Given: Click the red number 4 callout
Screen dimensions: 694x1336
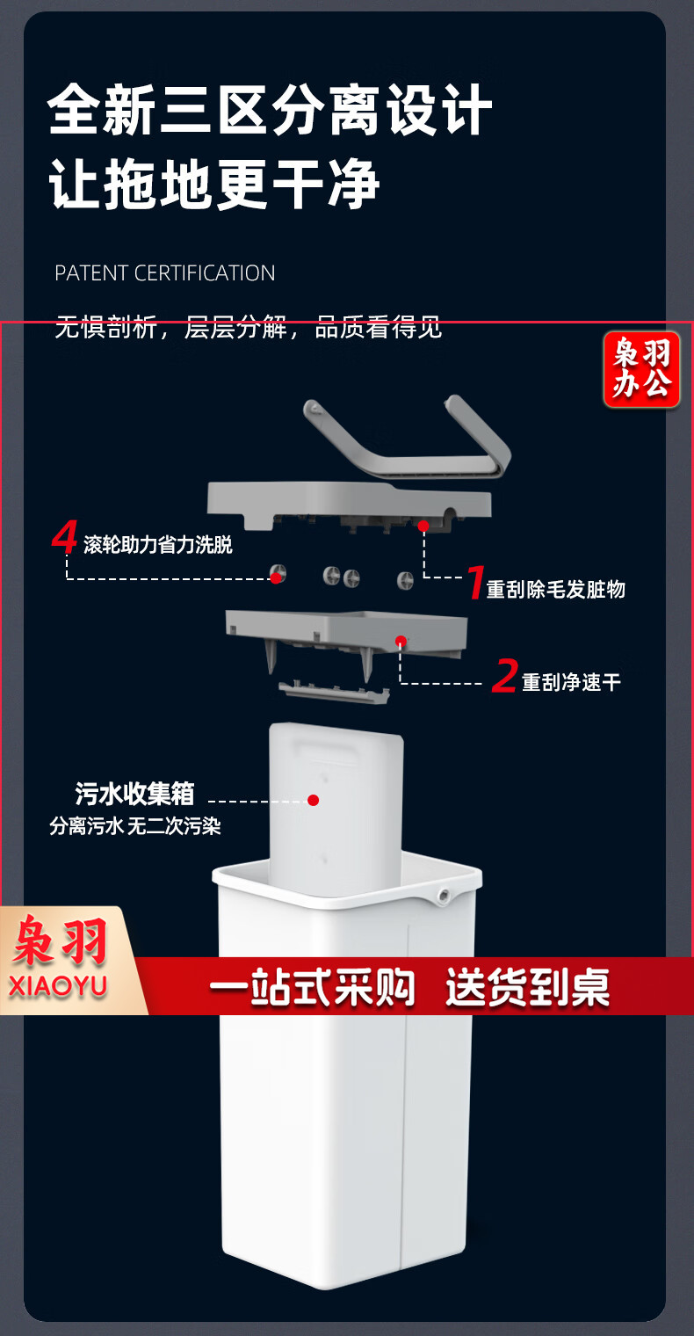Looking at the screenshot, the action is (64, 537).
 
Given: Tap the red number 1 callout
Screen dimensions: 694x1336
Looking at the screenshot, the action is (475, 582).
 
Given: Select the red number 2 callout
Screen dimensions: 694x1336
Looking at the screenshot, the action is (504, 677).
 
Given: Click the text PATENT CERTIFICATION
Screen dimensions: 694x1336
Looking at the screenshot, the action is (164, 273).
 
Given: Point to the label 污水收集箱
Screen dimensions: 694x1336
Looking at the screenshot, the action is (134, 794).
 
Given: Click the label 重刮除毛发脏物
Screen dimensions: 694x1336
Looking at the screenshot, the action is (556, 589).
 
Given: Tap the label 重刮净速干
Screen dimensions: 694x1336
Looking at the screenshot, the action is (571, 682).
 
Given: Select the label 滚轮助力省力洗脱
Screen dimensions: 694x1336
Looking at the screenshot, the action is (158, 545).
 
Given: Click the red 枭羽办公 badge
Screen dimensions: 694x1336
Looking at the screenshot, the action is (641, 370).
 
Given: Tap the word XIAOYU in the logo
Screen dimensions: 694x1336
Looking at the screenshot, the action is (58, 986).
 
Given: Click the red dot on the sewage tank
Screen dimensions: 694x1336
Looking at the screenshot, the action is (314, 801).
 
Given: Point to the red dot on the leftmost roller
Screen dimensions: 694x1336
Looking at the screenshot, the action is (276, 578).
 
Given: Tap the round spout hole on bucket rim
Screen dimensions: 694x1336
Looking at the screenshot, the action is (444, 895).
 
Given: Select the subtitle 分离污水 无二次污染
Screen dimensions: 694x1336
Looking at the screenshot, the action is (135, 826).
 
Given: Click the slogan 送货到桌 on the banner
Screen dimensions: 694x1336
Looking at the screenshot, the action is (528, 988).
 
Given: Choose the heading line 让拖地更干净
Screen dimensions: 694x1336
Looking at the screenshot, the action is (214, 183).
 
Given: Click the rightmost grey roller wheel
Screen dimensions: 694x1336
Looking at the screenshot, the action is (406, 578).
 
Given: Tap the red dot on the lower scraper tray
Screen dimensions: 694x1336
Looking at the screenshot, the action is (401, 641).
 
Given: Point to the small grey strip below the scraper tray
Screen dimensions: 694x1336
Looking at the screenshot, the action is (335, 693).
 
